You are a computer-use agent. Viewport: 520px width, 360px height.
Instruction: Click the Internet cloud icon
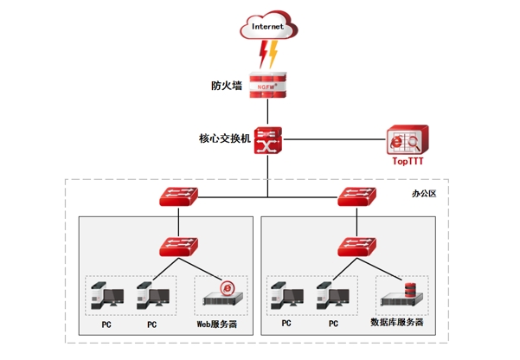[267, 27]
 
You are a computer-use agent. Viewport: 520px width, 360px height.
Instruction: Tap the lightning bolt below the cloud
[269, 55]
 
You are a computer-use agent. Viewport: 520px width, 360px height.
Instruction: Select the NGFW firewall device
[267, 86]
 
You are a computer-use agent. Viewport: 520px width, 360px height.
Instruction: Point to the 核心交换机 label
[224, 138]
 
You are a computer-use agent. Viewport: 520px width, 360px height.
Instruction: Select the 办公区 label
[424, 193]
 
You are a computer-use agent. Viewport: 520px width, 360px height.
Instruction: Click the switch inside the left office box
[178, 247]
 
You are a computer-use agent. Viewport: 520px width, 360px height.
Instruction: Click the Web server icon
[221, 294]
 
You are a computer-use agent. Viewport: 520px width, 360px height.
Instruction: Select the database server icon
[404, 294]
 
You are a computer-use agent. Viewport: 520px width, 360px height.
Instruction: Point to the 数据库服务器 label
[397, 322]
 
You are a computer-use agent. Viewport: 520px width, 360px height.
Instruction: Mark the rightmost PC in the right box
[332, 296]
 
